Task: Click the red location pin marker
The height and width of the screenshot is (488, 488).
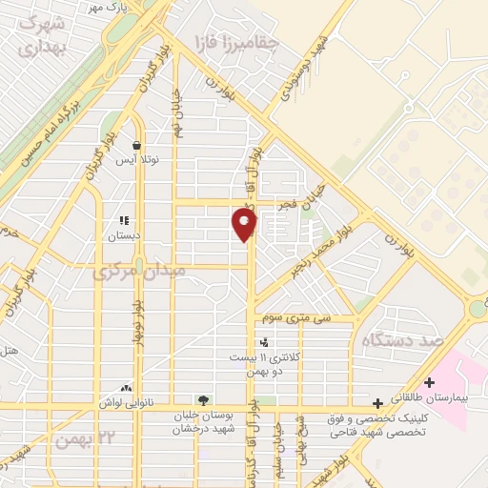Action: point(245,225)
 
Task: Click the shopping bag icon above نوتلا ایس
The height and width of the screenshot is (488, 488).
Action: point(137,146)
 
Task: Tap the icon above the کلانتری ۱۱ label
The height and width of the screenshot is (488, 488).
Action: point(263,342)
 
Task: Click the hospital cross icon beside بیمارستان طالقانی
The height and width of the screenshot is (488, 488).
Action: point(430,382)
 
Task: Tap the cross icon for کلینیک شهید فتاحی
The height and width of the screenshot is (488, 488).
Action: point(378,403)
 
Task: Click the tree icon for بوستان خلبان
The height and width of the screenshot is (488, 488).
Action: point(202,399)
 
